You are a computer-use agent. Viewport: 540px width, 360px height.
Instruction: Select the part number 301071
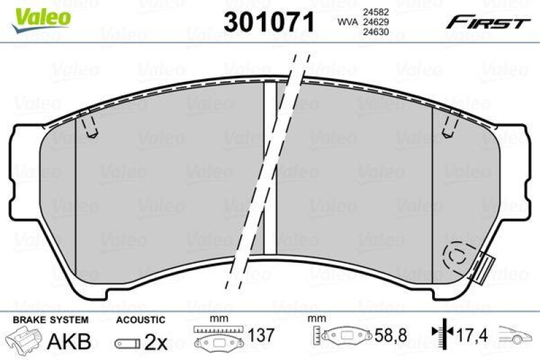pos(269,22)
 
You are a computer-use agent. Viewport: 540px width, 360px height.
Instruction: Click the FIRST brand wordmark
pos(488,23)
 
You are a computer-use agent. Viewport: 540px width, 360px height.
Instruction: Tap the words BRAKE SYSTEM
pos(51,320)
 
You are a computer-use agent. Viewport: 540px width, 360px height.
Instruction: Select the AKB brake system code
pos(69,341)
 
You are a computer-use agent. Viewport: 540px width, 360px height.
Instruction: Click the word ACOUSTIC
pos(140,320)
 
